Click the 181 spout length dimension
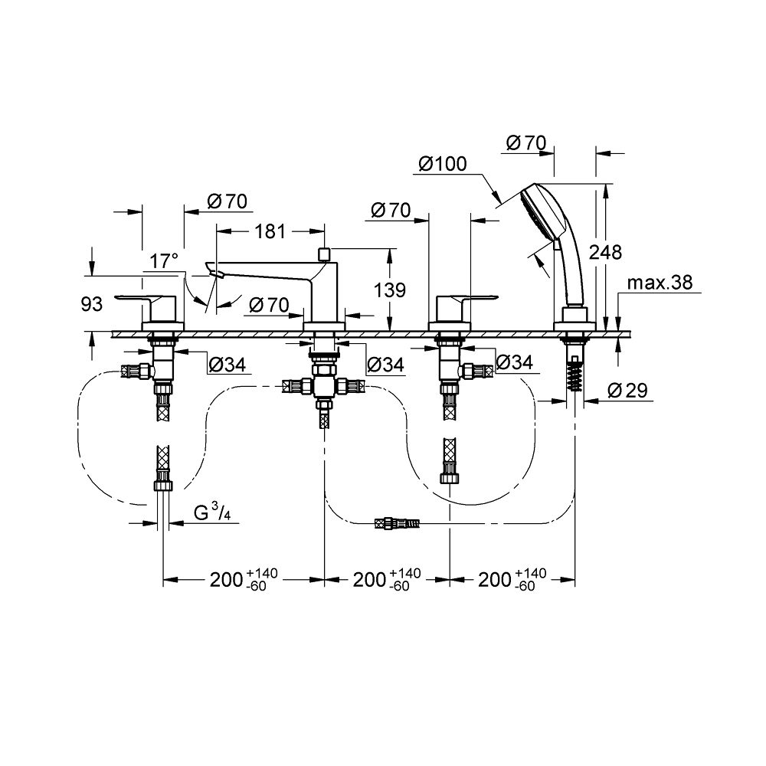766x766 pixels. (x=270, y=231)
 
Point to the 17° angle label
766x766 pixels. (x=164, y=261)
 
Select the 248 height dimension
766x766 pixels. (x=606, y=251)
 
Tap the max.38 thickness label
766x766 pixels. (x=660, y=283)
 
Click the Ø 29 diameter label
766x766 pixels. (x=627, y=391)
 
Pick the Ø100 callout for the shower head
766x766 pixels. (x=442, y=164)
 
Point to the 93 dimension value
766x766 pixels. (x=91, y=305)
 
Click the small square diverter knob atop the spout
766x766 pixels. (x=324, y=252)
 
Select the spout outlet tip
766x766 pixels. (x=213, y=272)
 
